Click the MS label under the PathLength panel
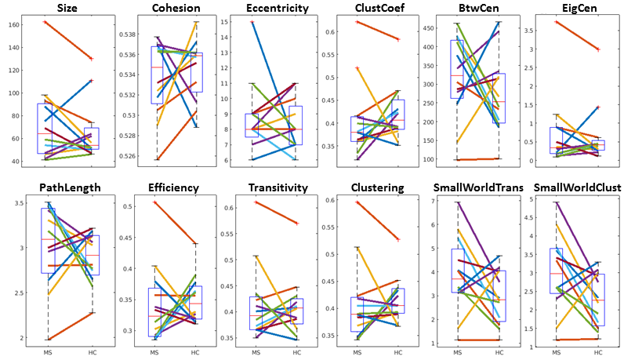coord(49,352)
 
